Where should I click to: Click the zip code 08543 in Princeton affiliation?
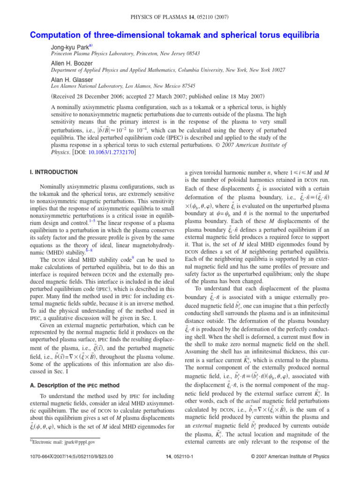tap(191, 54)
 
